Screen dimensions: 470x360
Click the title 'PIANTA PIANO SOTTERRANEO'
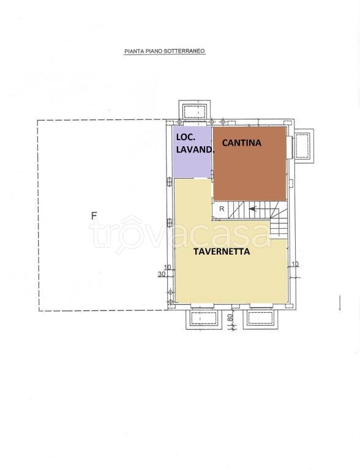(x=165, y=53)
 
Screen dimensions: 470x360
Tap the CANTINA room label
(x=241, y=143)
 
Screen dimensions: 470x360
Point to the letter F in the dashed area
(x=94, y=215)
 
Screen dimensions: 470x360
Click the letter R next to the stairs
(x=222, y=209)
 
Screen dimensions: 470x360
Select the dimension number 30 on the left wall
(x=162, y=274)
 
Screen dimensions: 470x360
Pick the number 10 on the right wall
(x=295, y=264)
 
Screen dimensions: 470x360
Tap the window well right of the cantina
(x=303, y=146)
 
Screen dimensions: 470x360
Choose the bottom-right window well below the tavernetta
(x=258, y=318)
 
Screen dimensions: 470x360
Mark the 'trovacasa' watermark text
(x=180, y=233)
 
